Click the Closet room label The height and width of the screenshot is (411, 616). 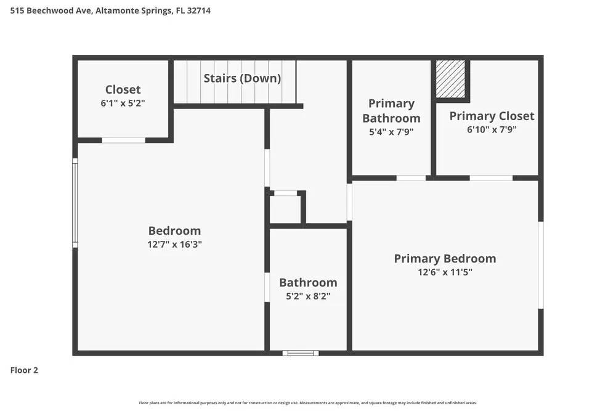pos(123,90)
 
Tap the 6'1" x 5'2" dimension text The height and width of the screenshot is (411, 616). pos(123,104)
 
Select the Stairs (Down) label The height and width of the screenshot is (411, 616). pos(242,78)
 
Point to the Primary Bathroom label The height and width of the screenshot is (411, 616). pos(391,111)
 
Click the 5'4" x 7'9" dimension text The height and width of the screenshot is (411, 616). pos(391,131)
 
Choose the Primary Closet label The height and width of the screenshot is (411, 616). pos(492,116)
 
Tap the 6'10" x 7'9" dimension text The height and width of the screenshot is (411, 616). pos(492,129)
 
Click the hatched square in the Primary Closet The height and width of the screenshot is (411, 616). pos(450,78)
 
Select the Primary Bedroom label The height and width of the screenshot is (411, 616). pos(445,259)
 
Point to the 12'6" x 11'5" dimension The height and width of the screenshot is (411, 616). pos(445,272)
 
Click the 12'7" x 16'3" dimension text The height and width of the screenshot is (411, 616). pos(174,244)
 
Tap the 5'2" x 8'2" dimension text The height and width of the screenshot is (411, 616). pos(308,296)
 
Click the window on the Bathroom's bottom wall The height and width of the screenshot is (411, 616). pos(301,353)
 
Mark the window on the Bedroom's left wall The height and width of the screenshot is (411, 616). pos(75,203)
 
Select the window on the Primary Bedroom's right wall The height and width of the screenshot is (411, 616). pos(541,265)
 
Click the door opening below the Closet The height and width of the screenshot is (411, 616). pos(123,140)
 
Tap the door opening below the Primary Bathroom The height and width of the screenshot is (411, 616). pos(411,178)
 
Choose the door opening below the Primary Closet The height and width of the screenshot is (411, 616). pos(491,178)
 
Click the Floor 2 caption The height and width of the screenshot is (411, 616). pos(24,370)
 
